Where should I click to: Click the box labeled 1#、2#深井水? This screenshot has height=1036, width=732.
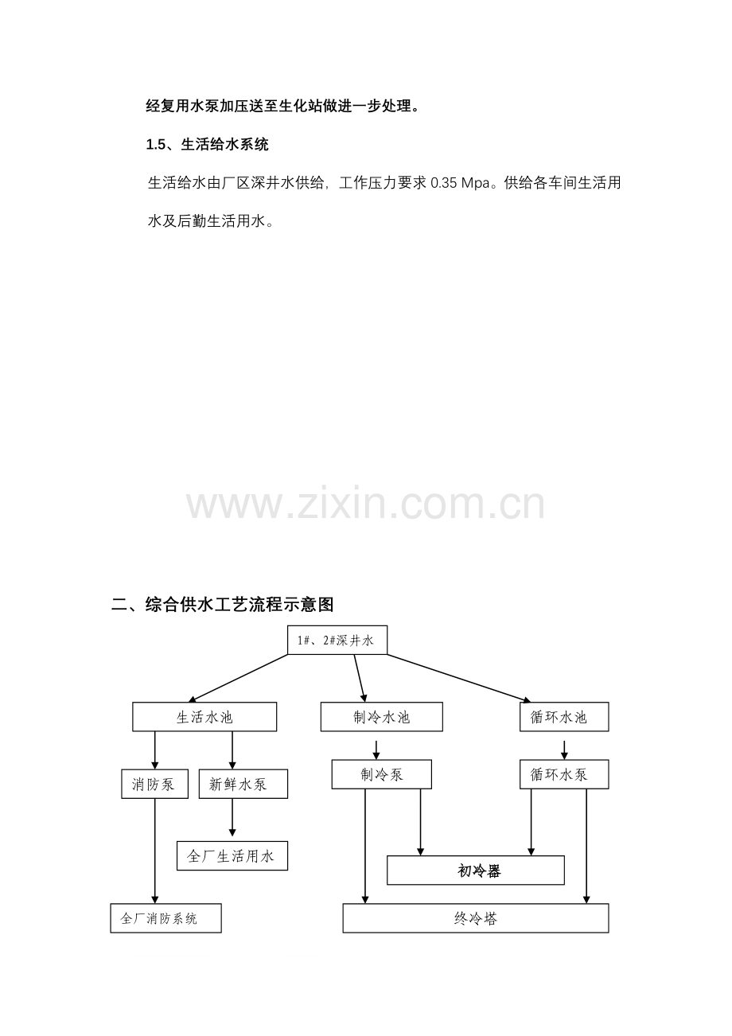point(337,640)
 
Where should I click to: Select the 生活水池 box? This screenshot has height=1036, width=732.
point(204,717)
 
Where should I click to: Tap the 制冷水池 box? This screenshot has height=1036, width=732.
point(381,717)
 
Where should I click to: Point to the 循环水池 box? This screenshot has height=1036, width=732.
point(564,717)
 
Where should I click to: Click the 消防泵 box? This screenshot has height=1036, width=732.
point(155,784)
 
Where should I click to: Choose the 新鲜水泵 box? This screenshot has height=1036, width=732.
point(243,784)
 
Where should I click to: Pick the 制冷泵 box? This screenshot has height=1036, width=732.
point(381,774)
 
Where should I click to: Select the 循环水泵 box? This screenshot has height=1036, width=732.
point(564,774)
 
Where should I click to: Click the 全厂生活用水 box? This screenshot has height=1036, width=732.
point(232,855)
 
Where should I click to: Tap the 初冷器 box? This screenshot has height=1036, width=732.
point(475,870)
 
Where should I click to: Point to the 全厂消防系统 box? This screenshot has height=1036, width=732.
point(165,918)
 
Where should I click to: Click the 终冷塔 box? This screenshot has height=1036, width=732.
point(475,918)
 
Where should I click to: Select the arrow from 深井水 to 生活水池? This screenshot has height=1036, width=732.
point(238,679)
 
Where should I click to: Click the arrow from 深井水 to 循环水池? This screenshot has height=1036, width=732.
point(459,679)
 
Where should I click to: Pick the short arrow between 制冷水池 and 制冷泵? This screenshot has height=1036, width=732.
point(376,750)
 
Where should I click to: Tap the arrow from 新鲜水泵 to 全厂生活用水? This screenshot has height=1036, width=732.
point(232,817)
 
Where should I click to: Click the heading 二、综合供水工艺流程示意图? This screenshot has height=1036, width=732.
point(223,604)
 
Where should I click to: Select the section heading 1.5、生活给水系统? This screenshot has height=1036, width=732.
point(207,145)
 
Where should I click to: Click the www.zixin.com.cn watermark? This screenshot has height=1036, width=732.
point(365,504)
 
